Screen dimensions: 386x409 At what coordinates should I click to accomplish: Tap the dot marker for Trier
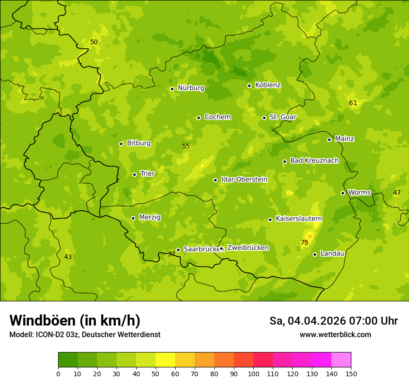(x=135, y=174)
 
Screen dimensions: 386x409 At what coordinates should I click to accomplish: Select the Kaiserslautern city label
(x=298, y=219)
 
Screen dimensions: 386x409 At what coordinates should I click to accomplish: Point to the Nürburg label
(x=191, y=88)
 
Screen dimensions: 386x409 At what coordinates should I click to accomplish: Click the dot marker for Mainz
(x=329, y=140)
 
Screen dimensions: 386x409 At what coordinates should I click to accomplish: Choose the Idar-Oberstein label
(x=244, y=180)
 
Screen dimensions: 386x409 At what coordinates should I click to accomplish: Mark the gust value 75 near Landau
(x=304, y=242)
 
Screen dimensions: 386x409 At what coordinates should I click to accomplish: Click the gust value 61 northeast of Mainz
(x=353, y=103)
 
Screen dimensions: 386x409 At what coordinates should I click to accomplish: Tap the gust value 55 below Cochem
(x=186, y=146)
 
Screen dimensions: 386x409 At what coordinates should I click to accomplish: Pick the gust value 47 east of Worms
(x=397, y=193)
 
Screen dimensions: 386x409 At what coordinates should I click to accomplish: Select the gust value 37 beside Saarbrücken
(x=172, y=254)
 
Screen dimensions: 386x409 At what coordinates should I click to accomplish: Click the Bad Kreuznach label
(x=314, y=160)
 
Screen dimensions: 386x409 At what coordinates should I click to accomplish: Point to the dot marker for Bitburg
(x=121, y=144)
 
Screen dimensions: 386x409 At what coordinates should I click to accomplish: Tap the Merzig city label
(x=150, y=217)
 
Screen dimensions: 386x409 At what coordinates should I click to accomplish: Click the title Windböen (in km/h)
(x=75, y=320)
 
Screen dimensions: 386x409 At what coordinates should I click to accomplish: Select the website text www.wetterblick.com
(x=335, y=334)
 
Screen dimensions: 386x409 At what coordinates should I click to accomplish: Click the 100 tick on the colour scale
(x=253, y=373)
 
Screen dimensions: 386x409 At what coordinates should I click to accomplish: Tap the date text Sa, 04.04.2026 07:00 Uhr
(x=333, y=321)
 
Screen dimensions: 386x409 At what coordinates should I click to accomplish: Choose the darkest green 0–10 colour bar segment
(x=68, y=360)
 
